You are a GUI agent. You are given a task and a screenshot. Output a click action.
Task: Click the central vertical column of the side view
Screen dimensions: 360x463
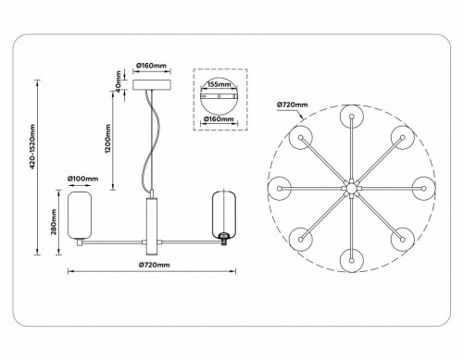pyautogui.click(x=151, y=227)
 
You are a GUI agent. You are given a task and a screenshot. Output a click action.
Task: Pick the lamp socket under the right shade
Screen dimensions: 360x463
pyautogui.click(x=222, y=242)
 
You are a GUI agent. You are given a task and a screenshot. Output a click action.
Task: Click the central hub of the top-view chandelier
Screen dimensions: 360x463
pyautogui.click(x=351, y=188)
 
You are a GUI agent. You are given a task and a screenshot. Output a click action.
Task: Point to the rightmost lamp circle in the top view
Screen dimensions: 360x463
pyautogui.click(x=423, y=188)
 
